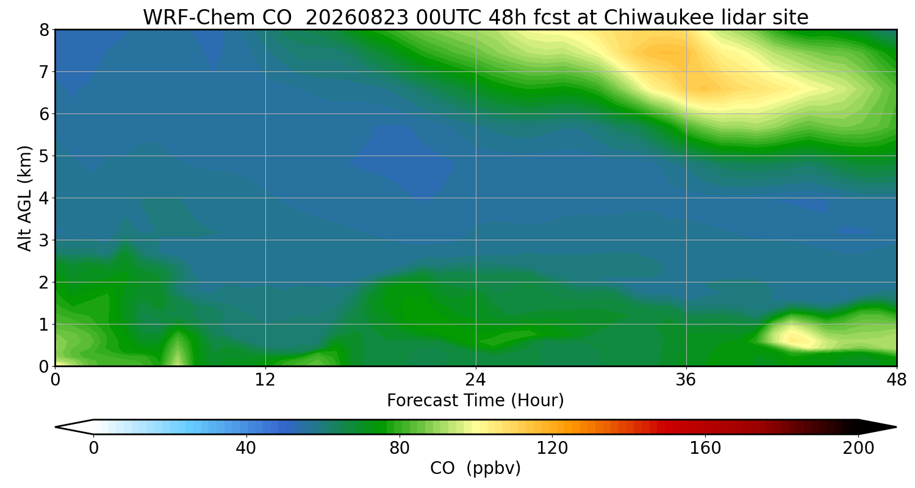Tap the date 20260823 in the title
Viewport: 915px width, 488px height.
pos(357,17)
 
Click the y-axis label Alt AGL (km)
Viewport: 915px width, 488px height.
pos(25,198)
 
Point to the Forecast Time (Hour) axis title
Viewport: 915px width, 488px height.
pos(475,401)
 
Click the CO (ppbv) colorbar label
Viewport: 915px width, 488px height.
pos(475,468)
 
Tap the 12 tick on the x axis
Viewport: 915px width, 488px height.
pos(265,380)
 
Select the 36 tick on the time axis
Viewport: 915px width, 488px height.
pos(686,380)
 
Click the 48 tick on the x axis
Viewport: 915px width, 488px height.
pos(897,380)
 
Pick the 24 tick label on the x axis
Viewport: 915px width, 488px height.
pos(475,380)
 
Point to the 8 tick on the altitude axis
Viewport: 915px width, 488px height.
pos(44,30)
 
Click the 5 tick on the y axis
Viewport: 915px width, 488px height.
pos(44,156)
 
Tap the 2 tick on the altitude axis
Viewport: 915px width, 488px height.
pos(44,282)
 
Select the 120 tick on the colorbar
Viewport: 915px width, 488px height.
pos(552,448)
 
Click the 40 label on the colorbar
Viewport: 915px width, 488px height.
pos(246,448)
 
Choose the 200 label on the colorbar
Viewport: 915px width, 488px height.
pos(858,448)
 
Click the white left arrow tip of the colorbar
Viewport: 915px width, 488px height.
pos(56,427)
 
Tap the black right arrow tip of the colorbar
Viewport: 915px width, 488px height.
pos(896,427)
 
